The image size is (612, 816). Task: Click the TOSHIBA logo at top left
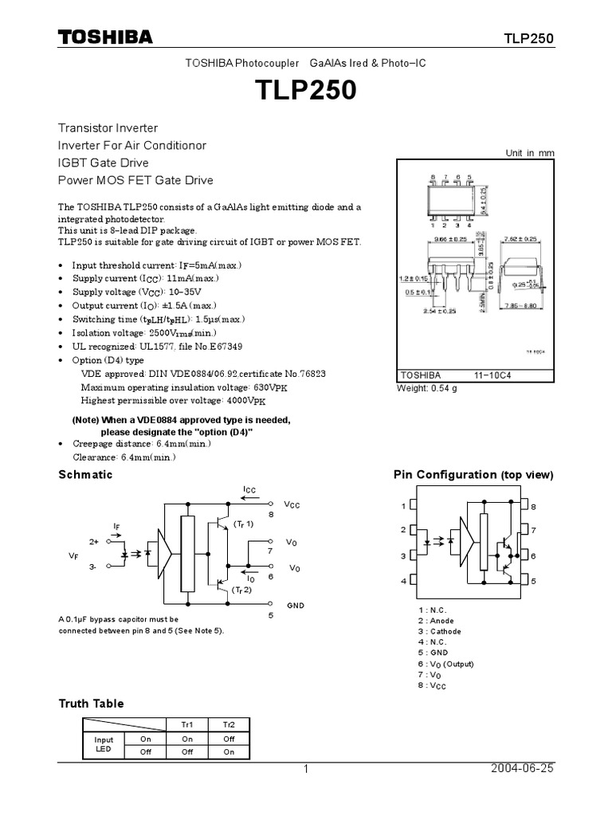104,37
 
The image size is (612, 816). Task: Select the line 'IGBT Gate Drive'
104,163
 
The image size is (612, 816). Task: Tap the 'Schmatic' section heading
86,474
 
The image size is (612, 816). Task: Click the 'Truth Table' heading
92,703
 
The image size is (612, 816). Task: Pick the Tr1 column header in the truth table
187,724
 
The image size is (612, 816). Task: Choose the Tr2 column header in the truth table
229,724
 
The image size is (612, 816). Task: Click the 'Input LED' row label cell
104,745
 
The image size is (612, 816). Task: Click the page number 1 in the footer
304,769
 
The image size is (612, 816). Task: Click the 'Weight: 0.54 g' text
427,388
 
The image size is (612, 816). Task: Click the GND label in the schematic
296,605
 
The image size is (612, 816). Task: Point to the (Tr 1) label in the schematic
243,524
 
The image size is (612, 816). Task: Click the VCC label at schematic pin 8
292,505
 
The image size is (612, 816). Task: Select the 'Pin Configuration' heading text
445,474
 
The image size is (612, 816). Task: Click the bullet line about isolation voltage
143,332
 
